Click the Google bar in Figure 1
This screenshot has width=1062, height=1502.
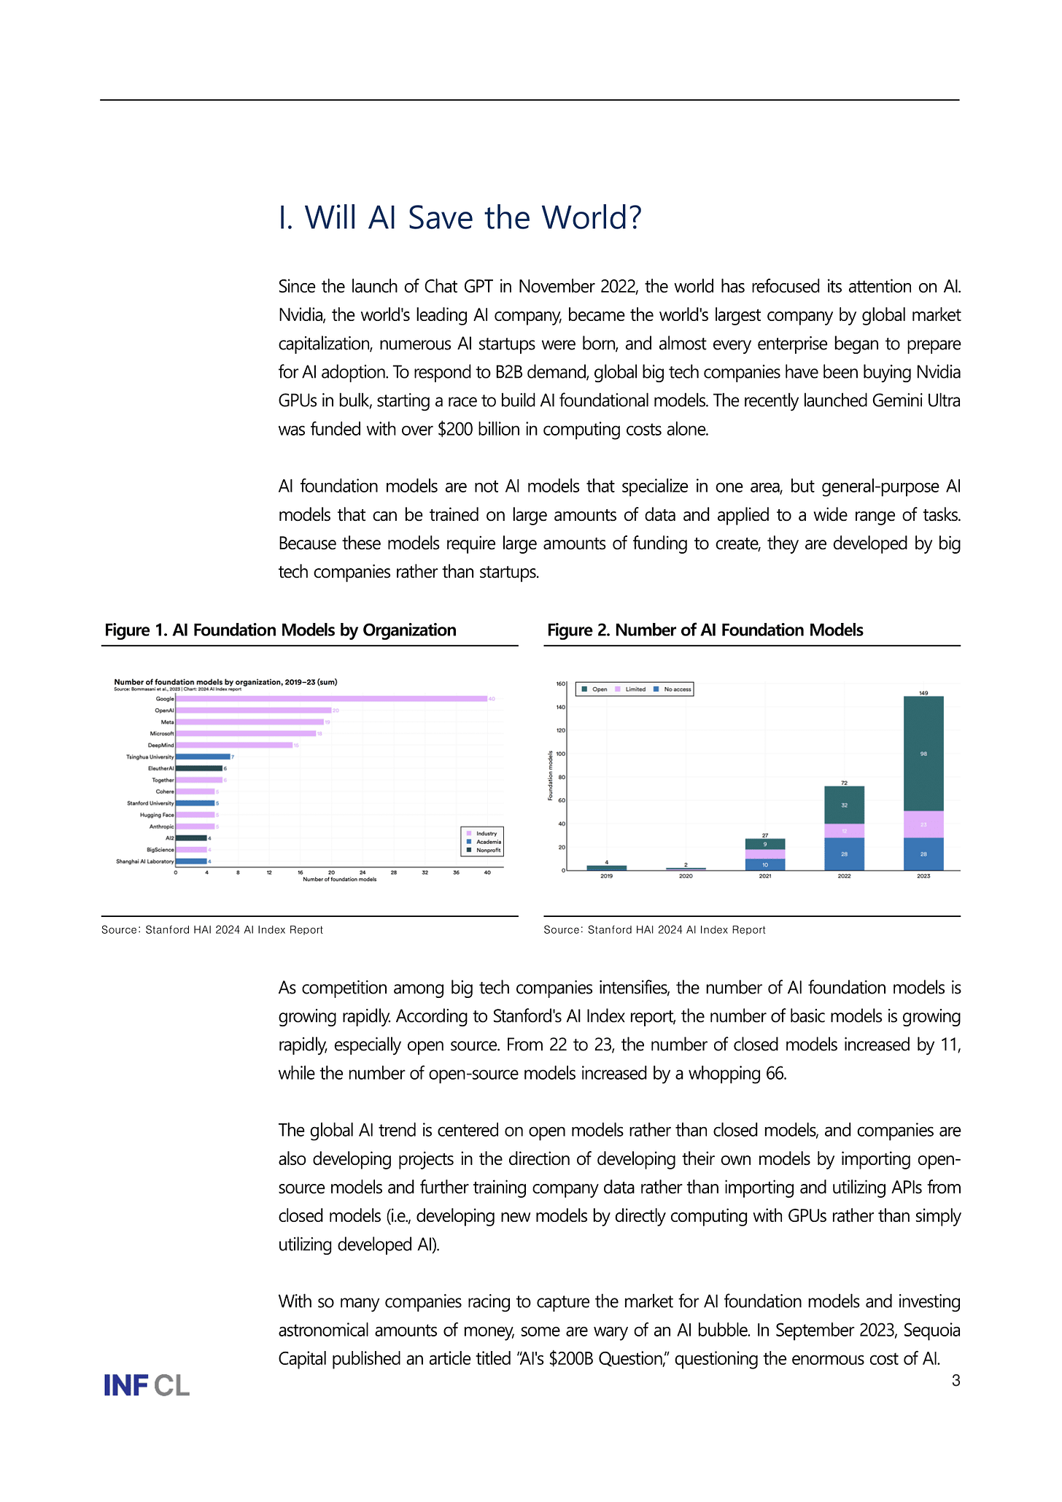tap(331, 699)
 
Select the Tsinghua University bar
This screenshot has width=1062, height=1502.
tap(203, 757)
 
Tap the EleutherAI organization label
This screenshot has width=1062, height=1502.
tap(160, 769)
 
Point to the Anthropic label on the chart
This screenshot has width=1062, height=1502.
tap(161, 827)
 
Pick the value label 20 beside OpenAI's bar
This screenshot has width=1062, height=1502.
tap(336, 711)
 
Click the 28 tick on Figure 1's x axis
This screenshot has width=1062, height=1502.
tap(393, 872)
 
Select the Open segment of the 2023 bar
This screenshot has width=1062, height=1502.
tap(923, 754)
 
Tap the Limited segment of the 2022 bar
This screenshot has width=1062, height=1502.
tap(844, 831)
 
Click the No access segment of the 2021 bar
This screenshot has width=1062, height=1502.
tap(764, 864)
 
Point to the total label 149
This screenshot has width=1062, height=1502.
tap(923, 693)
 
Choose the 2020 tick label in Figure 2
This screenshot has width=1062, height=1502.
tap(686, 876)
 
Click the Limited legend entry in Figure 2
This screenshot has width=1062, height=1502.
tap(631, 689)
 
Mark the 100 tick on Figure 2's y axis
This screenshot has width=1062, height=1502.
tap(560, 754)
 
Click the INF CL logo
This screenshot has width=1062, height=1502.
tap(147, 1385)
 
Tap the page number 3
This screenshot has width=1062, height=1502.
tap(956, 1380)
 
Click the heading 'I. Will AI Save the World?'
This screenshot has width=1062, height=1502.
tap(460, 217)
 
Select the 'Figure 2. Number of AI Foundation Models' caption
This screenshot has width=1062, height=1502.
tap(705, 630)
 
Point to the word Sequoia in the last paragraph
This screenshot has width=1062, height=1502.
tap(931, 1330)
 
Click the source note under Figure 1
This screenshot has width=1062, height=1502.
tap(212, 930)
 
